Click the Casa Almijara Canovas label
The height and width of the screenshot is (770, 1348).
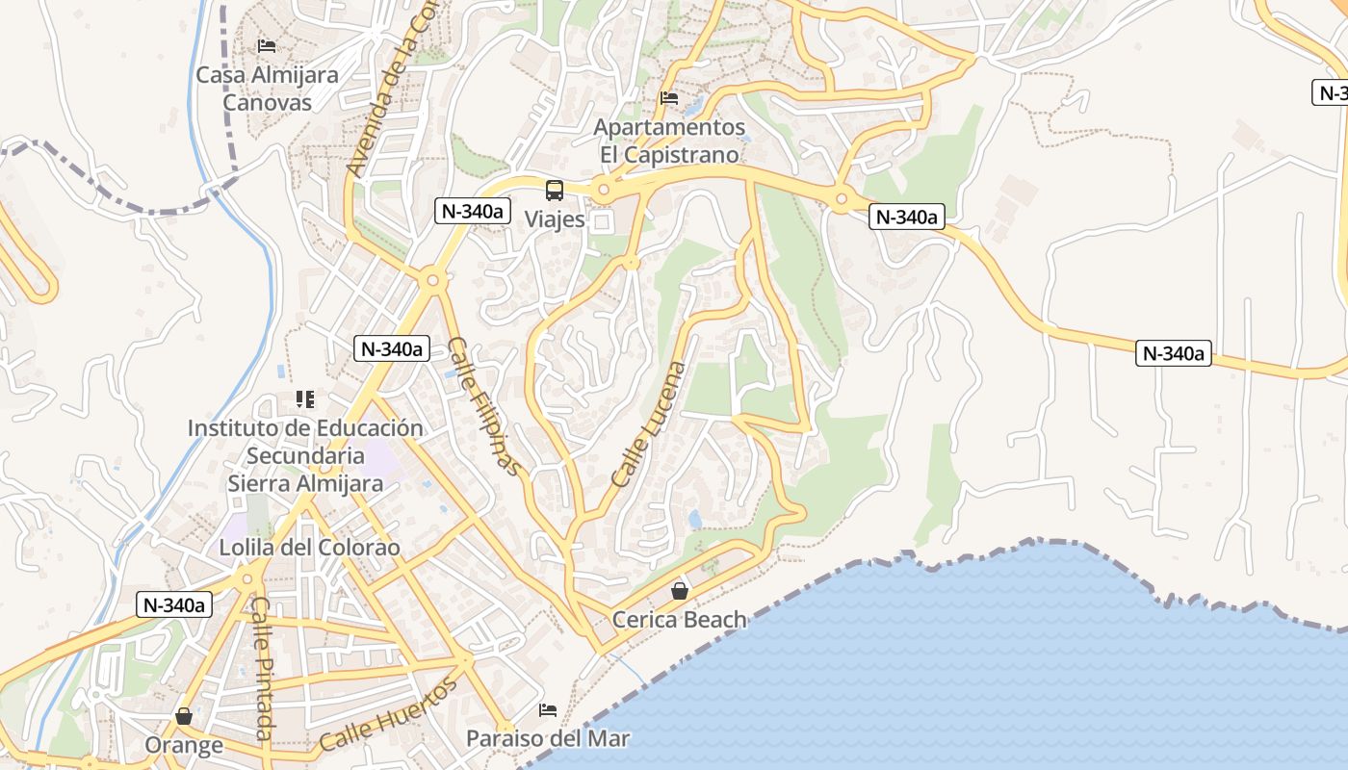267,88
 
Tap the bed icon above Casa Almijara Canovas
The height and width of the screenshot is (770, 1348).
267,46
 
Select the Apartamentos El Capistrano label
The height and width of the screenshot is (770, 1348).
669,141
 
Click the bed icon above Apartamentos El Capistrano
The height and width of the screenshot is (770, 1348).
669,98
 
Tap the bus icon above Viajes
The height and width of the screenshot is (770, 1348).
555,191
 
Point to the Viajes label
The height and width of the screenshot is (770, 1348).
555,219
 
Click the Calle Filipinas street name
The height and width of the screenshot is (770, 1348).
483,406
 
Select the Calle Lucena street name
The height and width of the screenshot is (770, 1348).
649,423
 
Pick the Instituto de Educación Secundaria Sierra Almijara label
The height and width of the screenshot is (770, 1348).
305,455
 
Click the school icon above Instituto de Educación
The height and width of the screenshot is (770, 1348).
305,399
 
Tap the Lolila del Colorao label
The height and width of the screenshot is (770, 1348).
309,547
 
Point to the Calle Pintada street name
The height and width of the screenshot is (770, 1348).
263,668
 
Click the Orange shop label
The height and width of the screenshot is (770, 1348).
184,745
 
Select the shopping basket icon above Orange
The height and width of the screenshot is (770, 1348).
184,717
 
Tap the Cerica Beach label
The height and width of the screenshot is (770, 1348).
680,620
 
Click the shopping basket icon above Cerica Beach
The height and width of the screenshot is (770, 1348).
680,591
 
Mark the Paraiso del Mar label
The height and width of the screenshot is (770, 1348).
548,738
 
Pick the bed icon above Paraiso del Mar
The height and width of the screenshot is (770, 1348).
548,710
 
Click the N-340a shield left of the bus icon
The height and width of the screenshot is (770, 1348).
472,211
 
